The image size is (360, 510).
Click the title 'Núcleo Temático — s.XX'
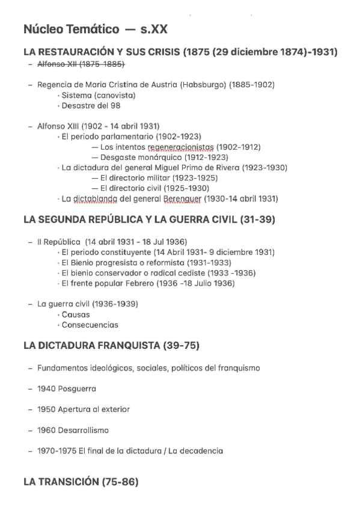(x=91, y=30)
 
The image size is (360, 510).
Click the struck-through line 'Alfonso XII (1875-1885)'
(x=81, y=64)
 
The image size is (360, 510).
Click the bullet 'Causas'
(x=76, y=315)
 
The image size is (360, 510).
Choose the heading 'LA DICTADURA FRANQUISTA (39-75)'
(x=111, y=346)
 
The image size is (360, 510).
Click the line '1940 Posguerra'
(x=66, y=389)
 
